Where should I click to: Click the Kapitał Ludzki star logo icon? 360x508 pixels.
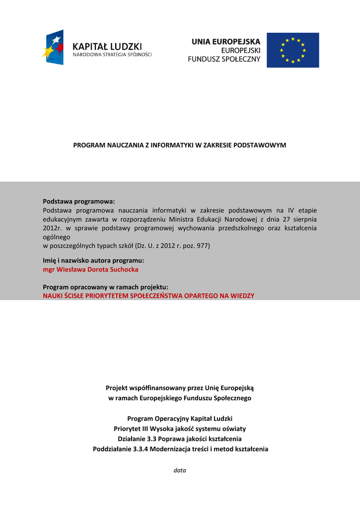pos(53,47)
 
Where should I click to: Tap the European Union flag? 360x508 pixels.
pos(292,50)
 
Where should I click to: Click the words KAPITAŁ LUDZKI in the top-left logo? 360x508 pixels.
pos(107,45)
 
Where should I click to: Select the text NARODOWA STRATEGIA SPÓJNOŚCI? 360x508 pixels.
pos(112,55)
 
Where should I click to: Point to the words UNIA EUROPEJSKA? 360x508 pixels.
pos(226,42)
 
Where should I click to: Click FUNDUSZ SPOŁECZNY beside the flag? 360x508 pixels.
pos(224,59)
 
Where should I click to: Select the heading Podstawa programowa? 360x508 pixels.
pos(78,201)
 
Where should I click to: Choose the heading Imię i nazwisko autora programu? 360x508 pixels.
pos(93,260)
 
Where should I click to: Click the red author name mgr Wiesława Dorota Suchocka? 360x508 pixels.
pos(90,269)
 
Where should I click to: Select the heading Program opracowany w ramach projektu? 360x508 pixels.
pos(105,287)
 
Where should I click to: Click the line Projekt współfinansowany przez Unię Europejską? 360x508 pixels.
pos(180,388)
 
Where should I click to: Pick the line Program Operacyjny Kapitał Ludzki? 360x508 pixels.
pos(180,419)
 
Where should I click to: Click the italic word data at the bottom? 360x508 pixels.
pos(180,470)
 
